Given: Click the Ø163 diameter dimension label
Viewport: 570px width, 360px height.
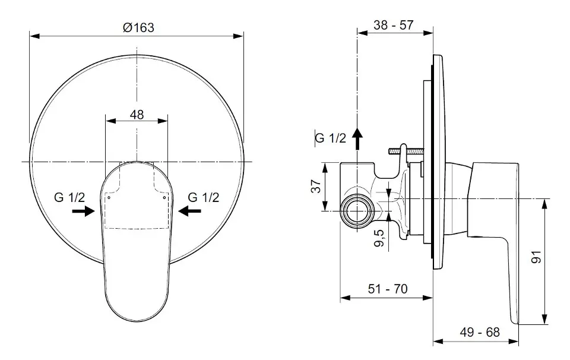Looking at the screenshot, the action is click(x=138, y=28).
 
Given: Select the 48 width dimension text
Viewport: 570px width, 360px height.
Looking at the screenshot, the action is click(x=137, y=115).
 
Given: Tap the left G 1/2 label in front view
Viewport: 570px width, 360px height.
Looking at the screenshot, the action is click(x=69, y=197).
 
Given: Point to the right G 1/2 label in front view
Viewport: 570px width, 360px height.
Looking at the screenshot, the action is click(x=204, y=197).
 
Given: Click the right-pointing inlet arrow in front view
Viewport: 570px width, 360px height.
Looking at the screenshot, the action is click(x=83, y=210).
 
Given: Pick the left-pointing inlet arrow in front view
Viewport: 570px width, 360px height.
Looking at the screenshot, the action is click(x=189, y=210).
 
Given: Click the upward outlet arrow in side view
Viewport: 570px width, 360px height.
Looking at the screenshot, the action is click(x=358, y=138).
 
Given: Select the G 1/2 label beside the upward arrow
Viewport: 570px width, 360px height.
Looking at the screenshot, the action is click(x=331, y=138).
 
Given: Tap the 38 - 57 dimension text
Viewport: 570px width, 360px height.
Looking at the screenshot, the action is click(x=394, y=25).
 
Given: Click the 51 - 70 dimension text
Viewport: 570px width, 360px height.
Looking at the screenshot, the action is click(x=388, y=289).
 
